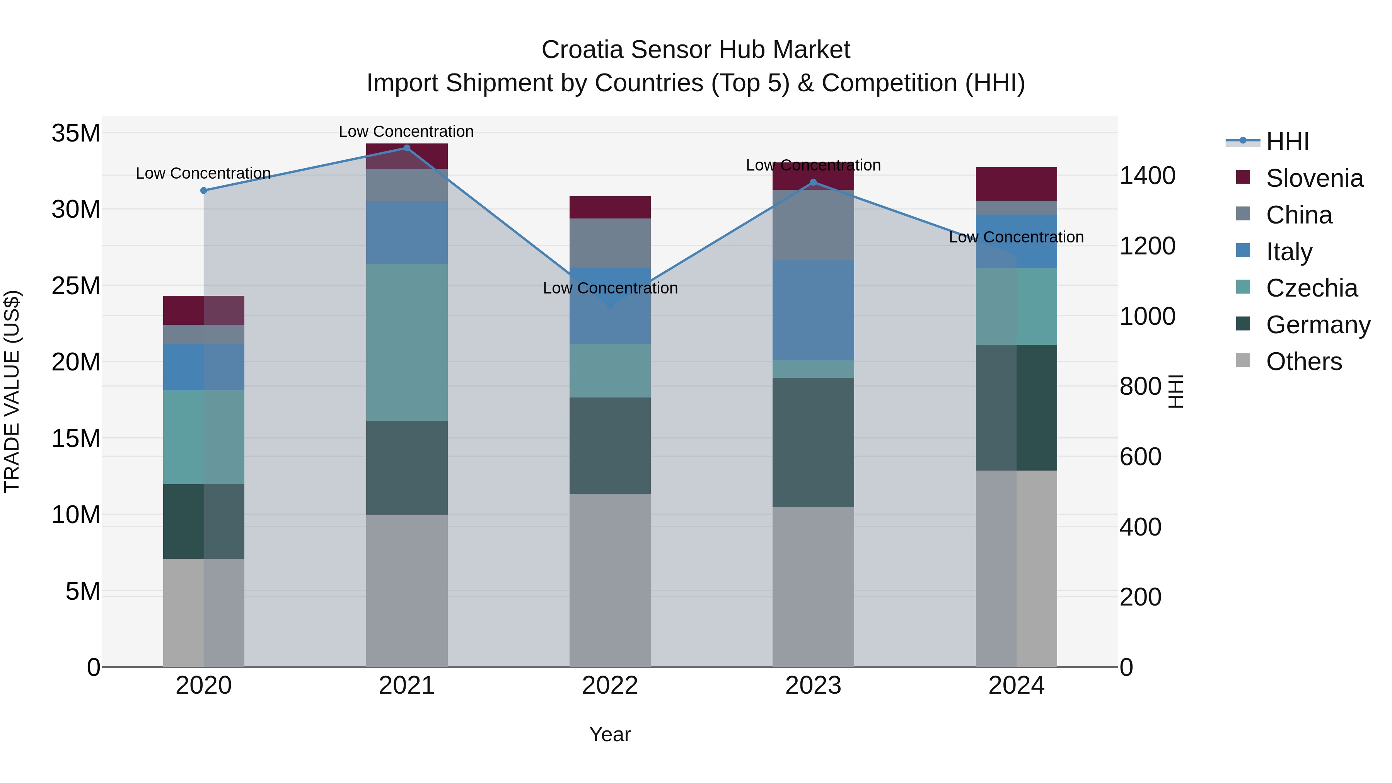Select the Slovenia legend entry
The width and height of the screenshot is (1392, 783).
coord(1314,178)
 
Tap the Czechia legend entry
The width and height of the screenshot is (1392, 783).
coord(1312,288)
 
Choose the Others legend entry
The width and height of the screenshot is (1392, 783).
coord(1303,362)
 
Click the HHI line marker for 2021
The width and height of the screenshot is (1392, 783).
coord(407,148)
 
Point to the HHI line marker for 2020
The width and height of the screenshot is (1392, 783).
coord(204,190)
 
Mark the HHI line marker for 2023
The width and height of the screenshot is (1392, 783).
coord(813,183)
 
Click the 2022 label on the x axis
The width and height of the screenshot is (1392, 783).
coord(610,686)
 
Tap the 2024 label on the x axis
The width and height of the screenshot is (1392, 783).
coord(1017,686)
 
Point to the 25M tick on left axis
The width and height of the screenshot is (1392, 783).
coord(76,286)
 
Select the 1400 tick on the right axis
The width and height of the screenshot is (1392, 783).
coord(1147,176)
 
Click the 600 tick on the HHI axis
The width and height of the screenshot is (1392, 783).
coord(1140,457)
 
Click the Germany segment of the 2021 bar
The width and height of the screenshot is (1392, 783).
coord(407,467)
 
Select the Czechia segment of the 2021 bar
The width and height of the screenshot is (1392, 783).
coord(407,342)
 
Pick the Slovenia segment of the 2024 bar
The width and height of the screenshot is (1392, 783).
coord(1017,184)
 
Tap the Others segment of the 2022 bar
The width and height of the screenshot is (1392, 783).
coord(610,580)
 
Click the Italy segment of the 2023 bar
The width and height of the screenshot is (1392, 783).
coord(813,310)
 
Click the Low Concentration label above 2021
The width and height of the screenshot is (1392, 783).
coord(406,131)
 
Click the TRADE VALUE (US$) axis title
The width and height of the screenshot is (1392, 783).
coord(12,391)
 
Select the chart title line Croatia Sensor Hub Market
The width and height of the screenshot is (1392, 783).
coord(696,50)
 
